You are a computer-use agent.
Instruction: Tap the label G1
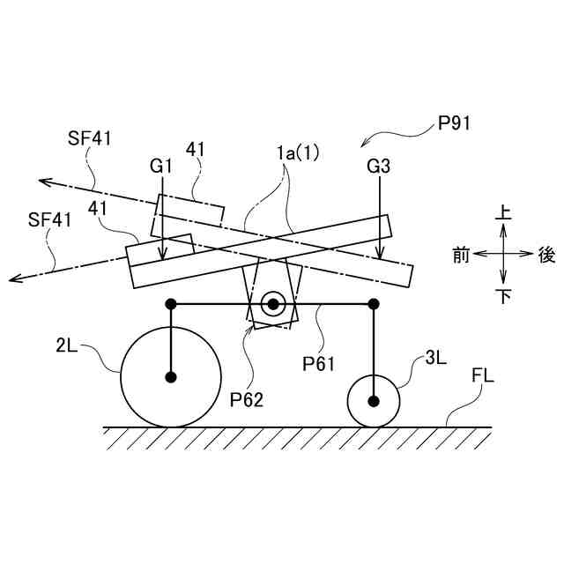point(160,165)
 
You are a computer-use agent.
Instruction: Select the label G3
point(381,165)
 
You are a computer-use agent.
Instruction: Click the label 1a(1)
point(297,152)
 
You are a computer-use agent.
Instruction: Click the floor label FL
point(483,376)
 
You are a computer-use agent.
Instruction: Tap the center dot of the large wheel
point(171,377)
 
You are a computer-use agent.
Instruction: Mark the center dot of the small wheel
point(375,401)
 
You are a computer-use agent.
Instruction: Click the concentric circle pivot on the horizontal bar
point(273,304)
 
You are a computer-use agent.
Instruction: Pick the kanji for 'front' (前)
point(461,255)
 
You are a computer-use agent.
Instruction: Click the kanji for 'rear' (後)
point(546,255)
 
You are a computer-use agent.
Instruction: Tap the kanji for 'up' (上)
point(503,213)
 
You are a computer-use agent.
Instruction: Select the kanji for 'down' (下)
point(503,296)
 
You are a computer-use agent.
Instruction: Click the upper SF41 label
point(89,137)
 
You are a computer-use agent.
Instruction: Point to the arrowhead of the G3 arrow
point(380,258)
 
